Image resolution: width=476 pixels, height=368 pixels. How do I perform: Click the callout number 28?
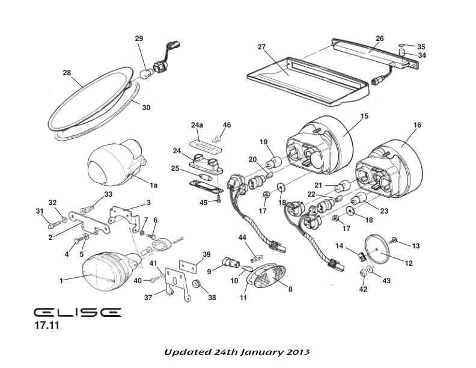[x=67, y=72]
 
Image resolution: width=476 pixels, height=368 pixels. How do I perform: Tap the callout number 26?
[x=379, y=38]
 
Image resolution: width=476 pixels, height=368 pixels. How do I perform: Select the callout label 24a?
[x=197, y=126]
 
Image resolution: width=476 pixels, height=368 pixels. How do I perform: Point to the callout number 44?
[x=242, y=239]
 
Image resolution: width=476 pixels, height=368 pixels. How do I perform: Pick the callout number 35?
[x=421, y=46]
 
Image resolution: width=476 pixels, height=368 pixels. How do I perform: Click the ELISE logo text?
[x=77, y=313]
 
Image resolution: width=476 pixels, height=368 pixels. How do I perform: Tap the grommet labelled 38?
[x=197, y=284]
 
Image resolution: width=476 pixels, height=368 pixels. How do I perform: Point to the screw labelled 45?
[x=220, y=201]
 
